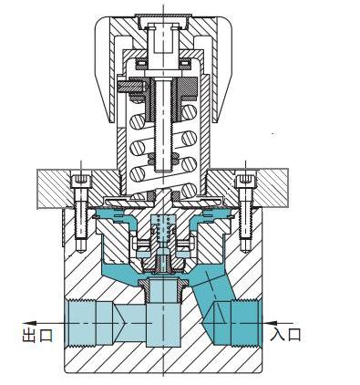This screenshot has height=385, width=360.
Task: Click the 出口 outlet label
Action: click(x=37, y=335)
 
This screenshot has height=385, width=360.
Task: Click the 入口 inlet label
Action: click(x=285, y=334)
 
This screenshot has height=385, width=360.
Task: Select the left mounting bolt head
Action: click(x=80, y=182)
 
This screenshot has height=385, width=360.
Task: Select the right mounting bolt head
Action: click(x=245, y=182)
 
